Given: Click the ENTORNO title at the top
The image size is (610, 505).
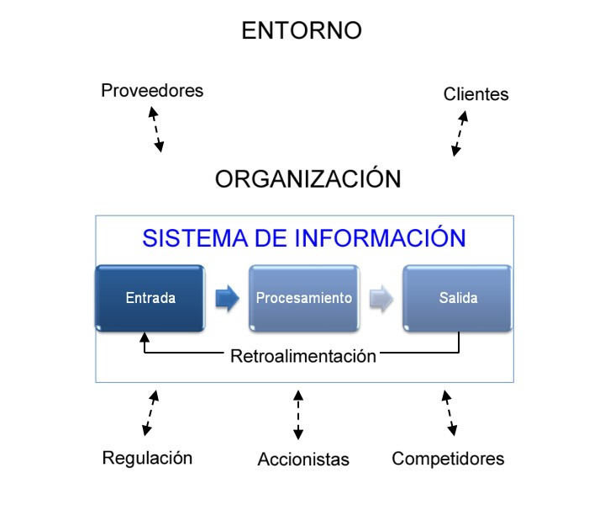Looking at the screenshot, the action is tap(302, 30).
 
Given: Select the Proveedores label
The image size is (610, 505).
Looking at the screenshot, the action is tap(152, 91).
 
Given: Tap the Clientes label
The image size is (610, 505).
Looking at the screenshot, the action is tap(476, 94).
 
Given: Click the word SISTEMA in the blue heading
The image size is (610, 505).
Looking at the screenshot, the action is tap(195, 238).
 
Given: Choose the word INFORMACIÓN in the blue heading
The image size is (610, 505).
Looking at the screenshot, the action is tap(380, 237).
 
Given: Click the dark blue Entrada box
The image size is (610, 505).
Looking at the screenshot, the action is tap(150, 299).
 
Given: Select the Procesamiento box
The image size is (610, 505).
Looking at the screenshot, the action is tap(304, 299).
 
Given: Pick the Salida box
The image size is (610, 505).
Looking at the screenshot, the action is tap(457, 299).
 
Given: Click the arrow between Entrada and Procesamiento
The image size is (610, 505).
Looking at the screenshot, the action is tap(227, 299).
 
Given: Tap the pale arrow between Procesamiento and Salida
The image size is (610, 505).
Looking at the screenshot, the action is tap(381, 299).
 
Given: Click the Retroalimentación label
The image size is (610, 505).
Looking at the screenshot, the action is tap(303, 356).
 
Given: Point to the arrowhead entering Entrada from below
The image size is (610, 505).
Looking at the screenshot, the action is tap(145, 337).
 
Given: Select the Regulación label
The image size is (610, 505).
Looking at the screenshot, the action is tap(147, 458).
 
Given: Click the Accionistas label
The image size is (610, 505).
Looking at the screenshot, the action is tap(303, 460).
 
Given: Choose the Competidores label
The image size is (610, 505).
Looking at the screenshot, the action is tap(448, 459).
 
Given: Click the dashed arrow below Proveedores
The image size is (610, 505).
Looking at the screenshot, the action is tap(156, 130).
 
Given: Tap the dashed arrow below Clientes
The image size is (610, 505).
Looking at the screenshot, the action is tap(460, 133).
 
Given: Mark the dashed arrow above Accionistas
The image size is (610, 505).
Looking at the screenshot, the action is tap(298, 415).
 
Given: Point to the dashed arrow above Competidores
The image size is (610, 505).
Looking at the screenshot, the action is tap(450, 413).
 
